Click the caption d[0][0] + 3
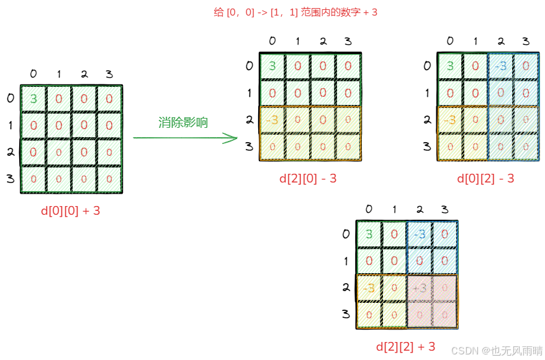click(x=70, y=211)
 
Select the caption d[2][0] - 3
click(x=308, y=179)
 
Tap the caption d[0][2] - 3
click(x=485, y=179)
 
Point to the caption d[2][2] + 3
click(x=406, y=346)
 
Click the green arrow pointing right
click(x=186, y=138)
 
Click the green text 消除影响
click(x=183, y=122)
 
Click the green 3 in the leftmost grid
click(x=34, y=99)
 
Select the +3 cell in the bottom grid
click(x=419, y=287)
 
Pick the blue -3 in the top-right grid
click(x=500, y=66)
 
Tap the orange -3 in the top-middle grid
click(x=271, y=120)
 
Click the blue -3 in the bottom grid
click(x=419, y=235)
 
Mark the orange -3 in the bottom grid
click(x=369, y=287)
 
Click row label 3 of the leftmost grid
click(x=10, y=179)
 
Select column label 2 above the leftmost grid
click(x=84, y=74)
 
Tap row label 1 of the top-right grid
click(x=427, y=93)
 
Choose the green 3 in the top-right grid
click(x=450, y=66)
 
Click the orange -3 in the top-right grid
click(x=449, y=120)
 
